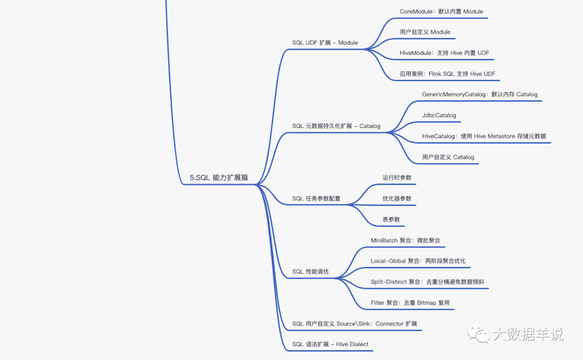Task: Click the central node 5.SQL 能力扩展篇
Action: [x=219, y=178]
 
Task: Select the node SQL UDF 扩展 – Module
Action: [x=325, y=43]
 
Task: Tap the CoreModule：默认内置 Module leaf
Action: [x=441, y=11]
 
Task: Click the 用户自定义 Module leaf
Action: [x=425, y=32]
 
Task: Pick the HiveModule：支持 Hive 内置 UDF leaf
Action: [x=444, y=53]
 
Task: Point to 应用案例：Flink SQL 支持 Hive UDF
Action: [x=446, y=73]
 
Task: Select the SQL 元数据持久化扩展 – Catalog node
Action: [x=336, y=126]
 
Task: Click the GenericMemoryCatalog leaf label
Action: [x=479, y=94]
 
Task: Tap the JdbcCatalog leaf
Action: [x=439, y=115]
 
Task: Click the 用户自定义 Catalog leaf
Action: [x=448, y=157]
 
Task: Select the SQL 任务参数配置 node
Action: [x=316, y=198]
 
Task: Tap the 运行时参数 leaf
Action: [x=397, y=178]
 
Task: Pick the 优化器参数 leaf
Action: [x=397, y=198]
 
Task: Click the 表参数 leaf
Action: [x=391, y=219]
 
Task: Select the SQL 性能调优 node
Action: [x=310, y=271]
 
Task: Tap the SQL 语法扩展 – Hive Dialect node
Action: [x=330, y=344]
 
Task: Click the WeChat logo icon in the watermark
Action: [x=478, y=332]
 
